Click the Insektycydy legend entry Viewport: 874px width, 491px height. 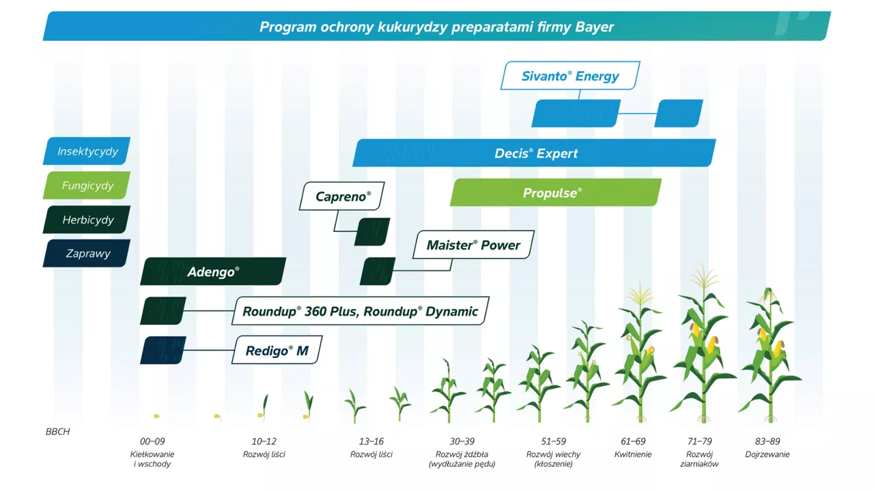[87, 151]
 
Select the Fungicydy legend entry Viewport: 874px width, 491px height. [87, 185]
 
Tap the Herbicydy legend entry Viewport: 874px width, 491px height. [87, 220]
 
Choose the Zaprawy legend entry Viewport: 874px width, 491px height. [87, 253]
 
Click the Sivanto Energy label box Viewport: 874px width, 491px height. [570, 76]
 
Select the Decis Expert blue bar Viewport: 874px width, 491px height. [534, 153]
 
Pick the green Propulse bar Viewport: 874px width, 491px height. [556, 192]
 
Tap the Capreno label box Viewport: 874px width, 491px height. [342, 196]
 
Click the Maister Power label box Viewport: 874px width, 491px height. [473, 245]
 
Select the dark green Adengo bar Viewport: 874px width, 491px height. [213, 271]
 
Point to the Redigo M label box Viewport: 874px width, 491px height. [277, 350]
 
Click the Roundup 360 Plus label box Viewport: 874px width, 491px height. [360, 311]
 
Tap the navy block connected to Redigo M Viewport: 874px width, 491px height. [163, 350]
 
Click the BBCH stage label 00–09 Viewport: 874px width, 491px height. [152, 441]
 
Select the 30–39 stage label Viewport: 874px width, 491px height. [462, 441]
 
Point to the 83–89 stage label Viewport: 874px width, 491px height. [767, 441]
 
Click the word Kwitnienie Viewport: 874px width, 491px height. [633, 454]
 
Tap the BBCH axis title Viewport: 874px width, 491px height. [58, 432]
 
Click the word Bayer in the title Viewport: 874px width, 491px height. [594, 27]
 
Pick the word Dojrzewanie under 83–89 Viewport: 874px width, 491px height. [767, 454]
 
